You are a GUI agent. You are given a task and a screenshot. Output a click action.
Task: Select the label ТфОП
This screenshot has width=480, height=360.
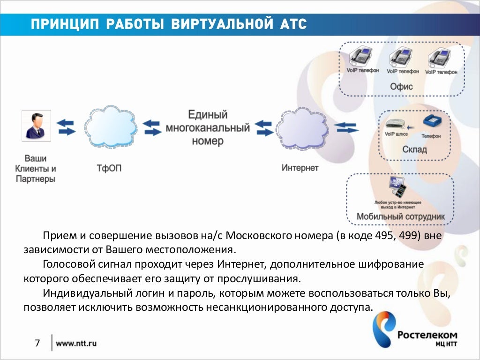(109, 168)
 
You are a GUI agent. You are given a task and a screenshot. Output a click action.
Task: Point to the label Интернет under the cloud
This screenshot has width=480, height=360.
(300, 168)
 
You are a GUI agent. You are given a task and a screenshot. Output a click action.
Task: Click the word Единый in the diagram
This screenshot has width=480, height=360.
(208, 115)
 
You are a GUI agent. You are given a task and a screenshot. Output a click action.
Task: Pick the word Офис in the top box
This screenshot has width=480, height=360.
(401, 87)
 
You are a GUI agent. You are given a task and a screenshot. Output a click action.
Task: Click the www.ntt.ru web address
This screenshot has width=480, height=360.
(76, 344)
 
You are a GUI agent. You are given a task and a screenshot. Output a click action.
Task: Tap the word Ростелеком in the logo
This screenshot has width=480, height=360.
(427, 335)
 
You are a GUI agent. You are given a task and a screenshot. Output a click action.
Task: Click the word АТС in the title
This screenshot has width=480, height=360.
(293, 24)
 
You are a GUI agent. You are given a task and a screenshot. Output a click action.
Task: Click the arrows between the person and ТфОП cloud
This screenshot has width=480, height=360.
(66, 127)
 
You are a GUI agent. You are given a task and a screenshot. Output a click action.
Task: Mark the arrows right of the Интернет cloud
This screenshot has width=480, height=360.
(347, 127)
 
